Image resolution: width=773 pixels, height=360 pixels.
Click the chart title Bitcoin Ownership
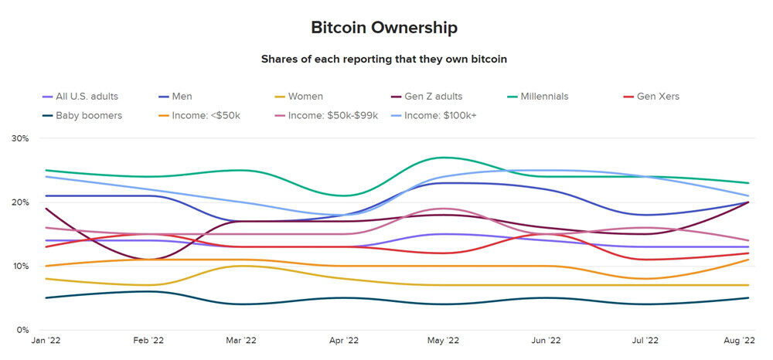(384, 28)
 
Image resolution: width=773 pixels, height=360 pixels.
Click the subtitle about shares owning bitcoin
(383, 59)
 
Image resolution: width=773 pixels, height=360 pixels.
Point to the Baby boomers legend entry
(87, 115)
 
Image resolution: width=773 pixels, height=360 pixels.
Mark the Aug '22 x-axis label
(740, 341)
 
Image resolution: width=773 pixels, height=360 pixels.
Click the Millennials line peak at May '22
(441, 158)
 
